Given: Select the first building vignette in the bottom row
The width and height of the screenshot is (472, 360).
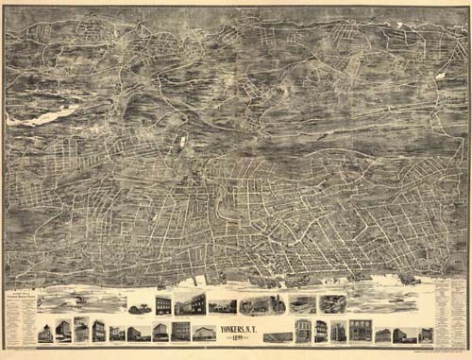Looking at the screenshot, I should pos(44,332).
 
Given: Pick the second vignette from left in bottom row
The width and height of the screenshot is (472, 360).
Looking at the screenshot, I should pos(62,331).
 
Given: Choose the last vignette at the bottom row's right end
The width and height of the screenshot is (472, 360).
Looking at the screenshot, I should pos(427,334).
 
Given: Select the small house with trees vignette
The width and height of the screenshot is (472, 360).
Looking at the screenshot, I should pos(140,306).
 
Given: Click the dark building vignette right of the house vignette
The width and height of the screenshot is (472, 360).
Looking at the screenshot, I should pos(164,304).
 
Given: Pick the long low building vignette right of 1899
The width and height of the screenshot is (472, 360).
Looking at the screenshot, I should pos(277,335).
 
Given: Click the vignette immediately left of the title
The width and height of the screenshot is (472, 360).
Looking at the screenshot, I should pos(203,333).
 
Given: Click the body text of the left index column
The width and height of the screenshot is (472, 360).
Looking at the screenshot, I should pos(20,321).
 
